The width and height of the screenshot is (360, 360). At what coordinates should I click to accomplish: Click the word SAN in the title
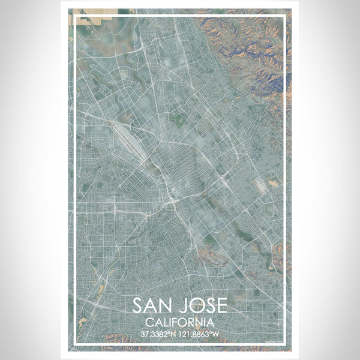(155, 305)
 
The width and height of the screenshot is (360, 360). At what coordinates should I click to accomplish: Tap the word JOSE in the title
(203, 305)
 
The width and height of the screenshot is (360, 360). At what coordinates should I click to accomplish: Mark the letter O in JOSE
(196, 305)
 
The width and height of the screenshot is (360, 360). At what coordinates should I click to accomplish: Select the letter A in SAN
(154, 305)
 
